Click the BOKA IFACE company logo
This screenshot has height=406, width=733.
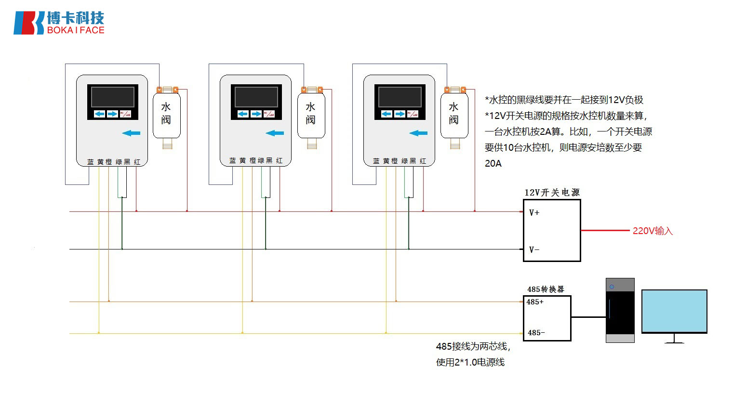(59, 23)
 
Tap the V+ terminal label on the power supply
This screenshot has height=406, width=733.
(534, 212)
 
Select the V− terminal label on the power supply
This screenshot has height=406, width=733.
(534, 249)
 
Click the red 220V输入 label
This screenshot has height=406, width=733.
(653, 231)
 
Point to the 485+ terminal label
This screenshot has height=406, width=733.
(535, 302)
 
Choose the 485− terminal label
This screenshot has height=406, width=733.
(536, 333)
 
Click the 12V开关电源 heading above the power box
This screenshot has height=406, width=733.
(552, 193)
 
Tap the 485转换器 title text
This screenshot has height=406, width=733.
(546, 289)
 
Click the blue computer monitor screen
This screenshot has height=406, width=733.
(674, 311)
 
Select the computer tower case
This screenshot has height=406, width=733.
(620, 310)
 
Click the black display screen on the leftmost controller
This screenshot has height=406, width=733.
(112, 97)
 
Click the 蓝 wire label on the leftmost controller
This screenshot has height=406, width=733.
(90, 162)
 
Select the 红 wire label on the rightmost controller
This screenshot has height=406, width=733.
(423, 161)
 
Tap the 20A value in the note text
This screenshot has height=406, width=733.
(493, 164)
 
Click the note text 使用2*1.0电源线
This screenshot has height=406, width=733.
(470, 362)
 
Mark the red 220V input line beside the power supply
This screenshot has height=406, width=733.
(605, 231)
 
